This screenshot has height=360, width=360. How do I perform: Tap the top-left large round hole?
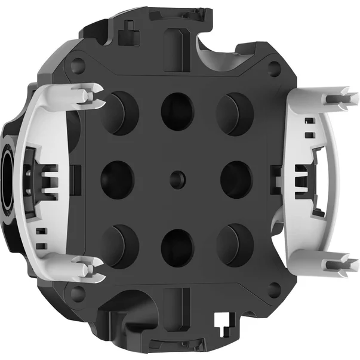point(121,112)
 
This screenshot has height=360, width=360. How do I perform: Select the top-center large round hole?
point(177,112)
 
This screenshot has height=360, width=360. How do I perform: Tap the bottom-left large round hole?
point(121,244)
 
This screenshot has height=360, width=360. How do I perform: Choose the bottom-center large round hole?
point(177,247)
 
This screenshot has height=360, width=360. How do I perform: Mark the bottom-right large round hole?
point(233,244)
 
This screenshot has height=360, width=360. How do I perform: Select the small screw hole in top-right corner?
point(274,67)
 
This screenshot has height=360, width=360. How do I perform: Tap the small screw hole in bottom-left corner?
point(76,292)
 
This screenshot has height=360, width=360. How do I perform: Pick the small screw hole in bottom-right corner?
point(274,290)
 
